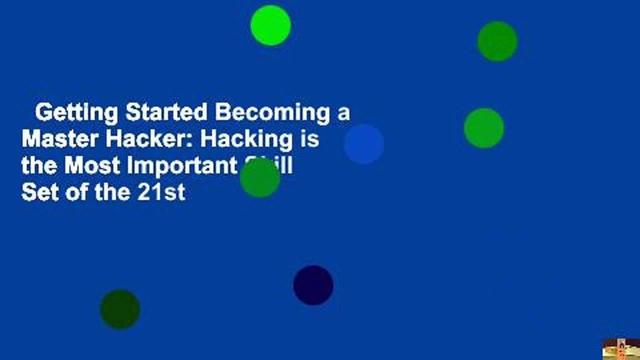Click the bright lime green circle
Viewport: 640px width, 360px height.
(x=270, y=25)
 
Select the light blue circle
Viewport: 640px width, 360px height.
(x=364, y=144)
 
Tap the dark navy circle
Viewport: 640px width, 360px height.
(x=313, y=285)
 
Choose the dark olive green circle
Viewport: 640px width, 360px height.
(x=120, y=309)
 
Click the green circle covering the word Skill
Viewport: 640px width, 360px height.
(x=260, y=177)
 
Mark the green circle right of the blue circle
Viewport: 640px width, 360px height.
(x=483, y=128)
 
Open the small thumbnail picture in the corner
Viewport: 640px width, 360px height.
(x=621, y=349)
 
